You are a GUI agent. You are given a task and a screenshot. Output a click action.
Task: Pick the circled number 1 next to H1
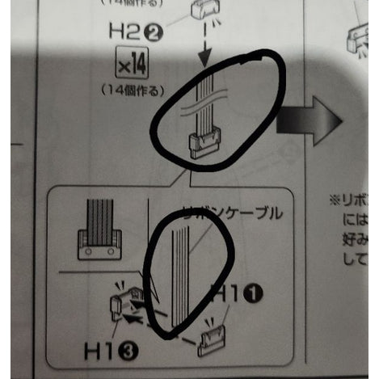tap(255, 295)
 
